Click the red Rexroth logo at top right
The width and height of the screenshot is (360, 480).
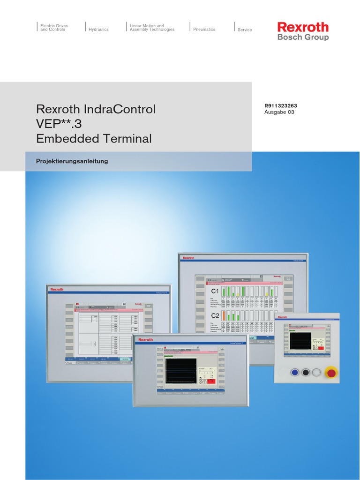tap(303, 27)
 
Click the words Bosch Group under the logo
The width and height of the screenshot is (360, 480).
tap(303, 37)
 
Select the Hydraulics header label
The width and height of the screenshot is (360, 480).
tap(98, 30)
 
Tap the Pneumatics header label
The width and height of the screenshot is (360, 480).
tap(204, 30)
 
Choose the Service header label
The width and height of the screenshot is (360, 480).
tap(245, 30)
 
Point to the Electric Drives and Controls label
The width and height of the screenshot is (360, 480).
tap(52, 28)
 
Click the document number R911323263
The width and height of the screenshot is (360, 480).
tap(281, 106)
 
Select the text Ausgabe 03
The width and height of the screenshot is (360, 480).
tap(279, 112)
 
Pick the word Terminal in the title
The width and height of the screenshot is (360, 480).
tap(129, 139)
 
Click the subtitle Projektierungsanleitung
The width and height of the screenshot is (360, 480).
tap(72, 161)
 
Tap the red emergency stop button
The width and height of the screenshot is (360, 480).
tap(331, 373)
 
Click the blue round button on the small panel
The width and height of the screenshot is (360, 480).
tap(295, 373)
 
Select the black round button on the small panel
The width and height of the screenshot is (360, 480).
tap(306, 373)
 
